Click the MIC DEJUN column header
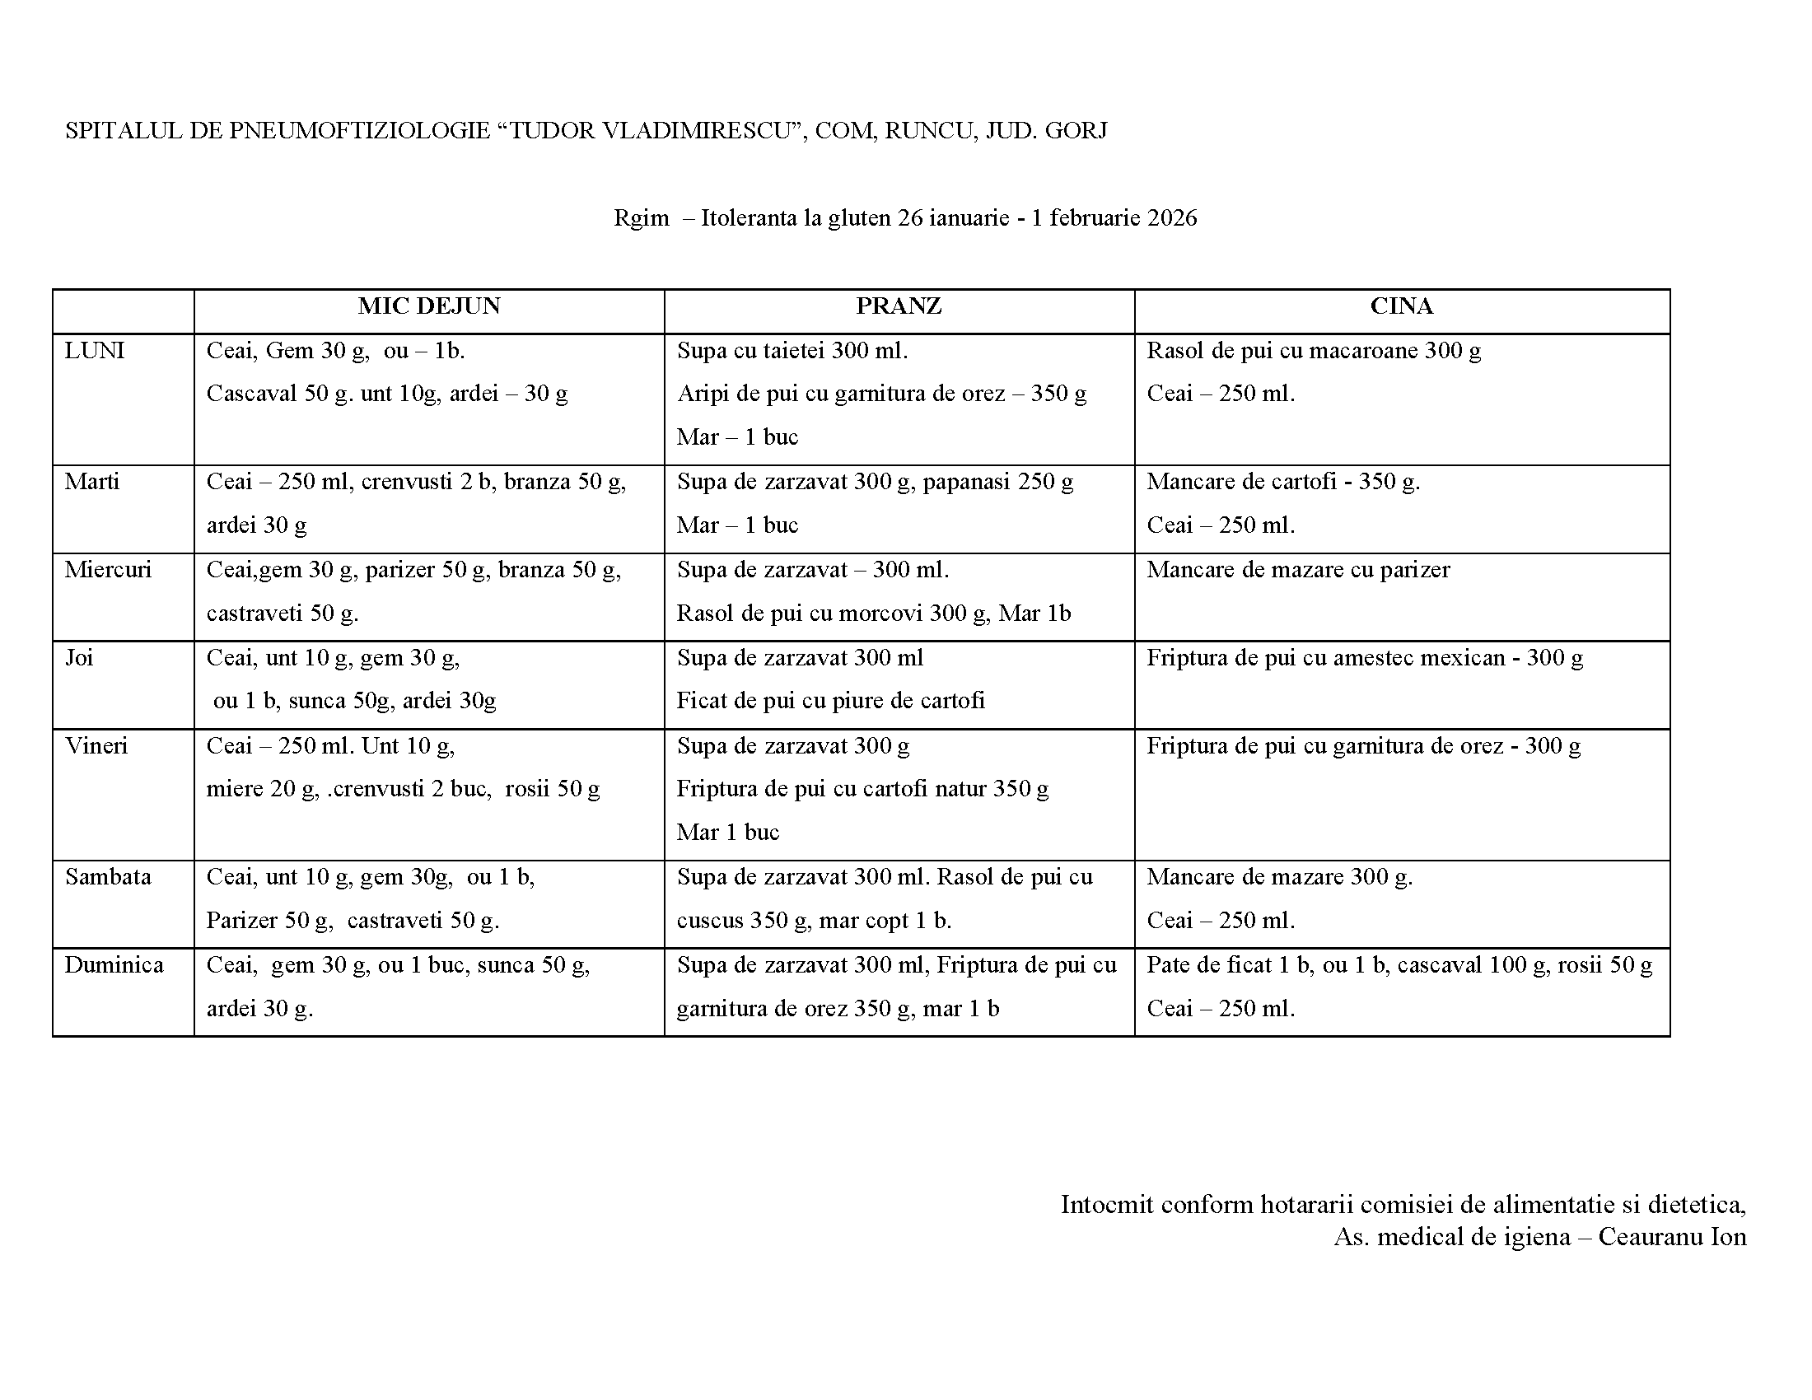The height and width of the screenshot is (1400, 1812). click(429, 306)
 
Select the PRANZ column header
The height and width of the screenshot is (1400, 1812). click(899, 306)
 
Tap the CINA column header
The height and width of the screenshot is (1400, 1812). click(1401, 306)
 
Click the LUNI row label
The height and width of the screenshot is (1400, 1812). click(95, 351)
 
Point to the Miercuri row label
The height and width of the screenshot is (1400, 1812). click(108, 570)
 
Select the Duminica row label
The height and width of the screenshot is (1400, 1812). click(114, 965)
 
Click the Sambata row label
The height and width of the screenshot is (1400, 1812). click(108, 877)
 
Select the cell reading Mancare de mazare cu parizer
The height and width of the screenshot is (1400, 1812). click(1298, 570)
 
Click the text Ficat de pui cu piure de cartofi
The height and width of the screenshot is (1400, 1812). click(830, 701)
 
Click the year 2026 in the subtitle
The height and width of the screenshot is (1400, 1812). click(1171, 218)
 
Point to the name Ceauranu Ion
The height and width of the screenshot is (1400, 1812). click(1672, 1237)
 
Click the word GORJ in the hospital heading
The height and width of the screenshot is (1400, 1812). click(1076, 131)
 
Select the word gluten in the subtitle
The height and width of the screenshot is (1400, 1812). click(860, 218)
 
